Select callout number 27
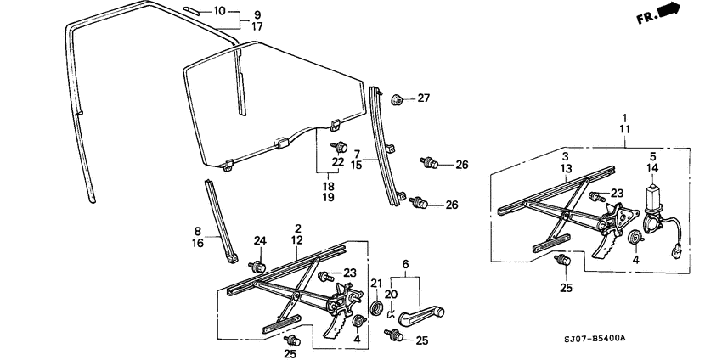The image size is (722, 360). (x=423, y=98)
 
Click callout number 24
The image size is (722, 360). (x=261, y=240)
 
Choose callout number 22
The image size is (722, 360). (x=338, y=161)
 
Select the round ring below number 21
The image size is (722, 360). (x=376, y=306)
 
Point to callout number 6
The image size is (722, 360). (x=405, y=263)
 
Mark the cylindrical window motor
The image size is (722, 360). (x=655, y=200)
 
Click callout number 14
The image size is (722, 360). (x=653, y=168)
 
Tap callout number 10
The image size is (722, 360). (x=219, y=12)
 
